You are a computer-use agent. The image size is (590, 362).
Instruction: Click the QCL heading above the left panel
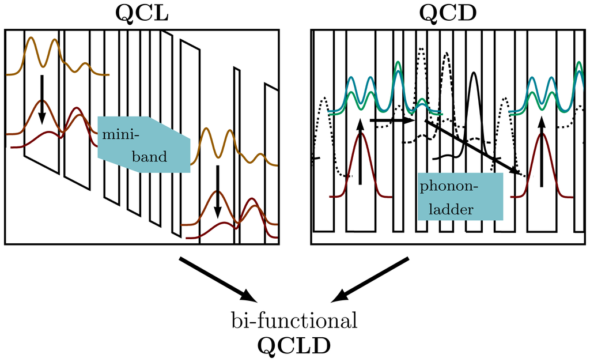142,13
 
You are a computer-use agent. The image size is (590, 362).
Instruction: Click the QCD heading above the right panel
447,13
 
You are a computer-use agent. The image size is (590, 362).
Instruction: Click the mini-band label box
144,145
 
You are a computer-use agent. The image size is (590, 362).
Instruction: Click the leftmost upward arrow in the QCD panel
360,151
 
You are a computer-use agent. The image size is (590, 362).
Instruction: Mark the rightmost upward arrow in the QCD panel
541,151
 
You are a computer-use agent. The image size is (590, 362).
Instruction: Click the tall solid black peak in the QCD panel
474,110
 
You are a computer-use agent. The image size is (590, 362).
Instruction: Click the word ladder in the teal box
456,209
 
